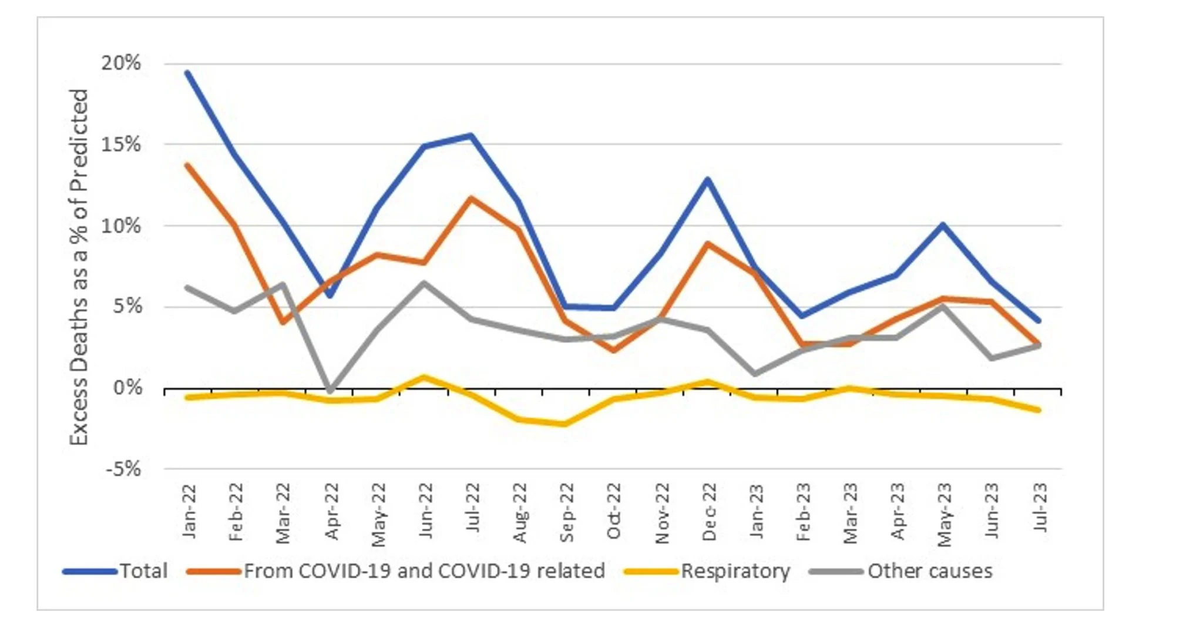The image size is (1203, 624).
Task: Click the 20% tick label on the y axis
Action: coord(121,63)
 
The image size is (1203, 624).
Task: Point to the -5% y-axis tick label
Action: coord(123,469)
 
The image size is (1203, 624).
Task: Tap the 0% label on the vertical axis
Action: coord(127,388)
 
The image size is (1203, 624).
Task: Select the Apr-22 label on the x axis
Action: coord(332,512)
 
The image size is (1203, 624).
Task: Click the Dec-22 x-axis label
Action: coord(709,512)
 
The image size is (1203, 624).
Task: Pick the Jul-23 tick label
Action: coord(1040,508)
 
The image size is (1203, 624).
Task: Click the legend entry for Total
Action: coord(143,571)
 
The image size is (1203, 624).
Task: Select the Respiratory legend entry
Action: coord(735,571)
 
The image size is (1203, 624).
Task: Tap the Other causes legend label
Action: coord(929,571)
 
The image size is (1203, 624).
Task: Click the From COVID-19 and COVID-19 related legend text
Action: coord(424,571)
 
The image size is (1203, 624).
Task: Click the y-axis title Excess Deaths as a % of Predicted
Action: coord(79,267)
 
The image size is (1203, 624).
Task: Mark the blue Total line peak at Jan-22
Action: coord(187,73)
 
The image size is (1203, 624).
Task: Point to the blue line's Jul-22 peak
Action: coord(471,136)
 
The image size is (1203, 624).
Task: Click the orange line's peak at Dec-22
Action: coord(708,243)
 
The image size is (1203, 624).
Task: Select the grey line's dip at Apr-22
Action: coord(331,390)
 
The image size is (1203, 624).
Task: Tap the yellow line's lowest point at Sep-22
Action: coord(566,424)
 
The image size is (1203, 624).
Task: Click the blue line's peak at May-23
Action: coord(943,224)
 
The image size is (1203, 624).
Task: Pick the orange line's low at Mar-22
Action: coord(283,322)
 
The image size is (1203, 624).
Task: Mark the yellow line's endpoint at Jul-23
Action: coord(1039,410)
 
